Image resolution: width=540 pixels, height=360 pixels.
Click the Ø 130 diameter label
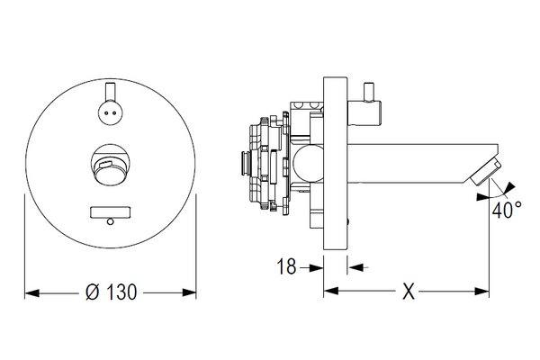(112, 292)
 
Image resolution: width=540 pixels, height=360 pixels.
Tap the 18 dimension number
(286, 266)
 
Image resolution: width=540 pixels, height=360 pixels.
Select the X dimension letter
(409, 292)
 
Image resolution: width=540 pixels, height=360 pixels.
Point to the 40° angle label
(507, 210)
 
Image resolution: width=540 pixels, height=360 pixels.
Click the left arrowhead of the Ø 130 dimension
(32, 293)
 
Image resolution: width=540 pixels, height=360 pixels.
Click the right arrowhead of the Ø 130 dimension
(189, 292)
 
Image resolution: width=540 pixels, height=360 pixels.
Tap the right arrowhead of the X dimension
(481, 292)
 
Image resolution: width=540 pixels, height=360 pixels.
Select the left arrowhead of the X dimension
(331, 291)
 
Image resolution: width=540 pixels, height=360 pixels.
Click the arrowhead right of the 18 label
(316, 267)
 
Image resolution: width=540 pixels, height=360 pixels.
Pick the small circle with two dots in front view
(110, 112)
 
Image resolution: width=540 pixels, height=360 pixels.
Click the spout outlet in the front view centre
(110, 165)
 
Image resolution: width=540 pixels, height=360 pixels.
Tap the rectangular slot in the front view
(110, 212)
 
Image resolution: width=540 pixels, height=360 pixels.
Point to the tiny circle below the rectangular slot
(110, 221)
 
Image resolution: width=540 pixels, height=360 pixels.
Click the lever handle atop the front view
(110, 92)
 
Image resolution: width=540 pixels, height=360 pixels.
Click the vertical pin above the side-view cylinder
(370, 92)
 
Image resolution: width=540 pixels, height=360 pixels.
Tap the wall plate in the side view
(335, 163)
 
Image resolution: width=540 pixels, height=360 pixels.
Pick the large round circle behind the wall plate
(308, 163)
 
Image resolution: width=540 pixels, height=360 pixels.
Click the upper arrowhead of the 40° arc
(509, 187)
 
